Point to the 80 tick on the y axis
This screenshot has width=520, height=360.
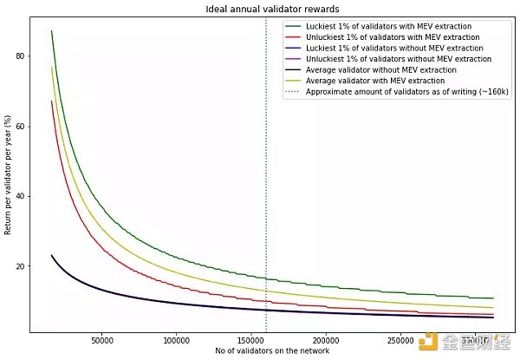(20, 56)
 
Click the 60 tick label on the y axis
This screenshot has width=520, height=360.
(20, 126)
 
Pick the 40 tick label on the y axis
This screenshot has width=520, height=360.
(20, 196)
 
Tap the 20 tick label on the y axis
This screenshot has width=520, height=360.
(20, 266)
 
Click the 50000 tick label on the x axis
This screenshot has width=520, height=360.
(102, 339)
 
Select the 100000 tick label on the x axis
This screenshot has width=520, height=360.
(177, 339)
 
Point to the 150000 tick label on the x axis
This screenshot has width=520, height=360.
(251, 339)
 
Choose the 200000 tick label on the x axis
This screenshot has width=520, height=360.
(326, 339)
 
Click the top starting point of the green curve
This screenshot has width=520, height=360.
(52, 31)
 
